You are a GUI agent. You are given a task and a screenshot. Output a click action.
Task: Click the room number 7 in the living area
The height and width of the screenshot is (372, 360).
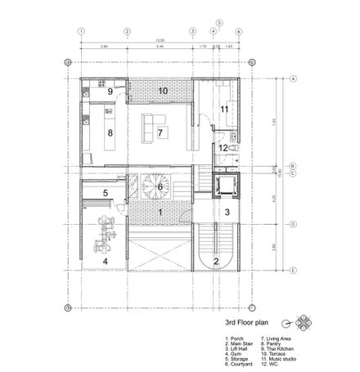click(161, 132)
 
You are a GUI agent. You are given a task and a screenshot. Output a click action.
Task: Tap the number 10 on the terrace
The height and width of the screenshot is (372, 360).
click(163, 90)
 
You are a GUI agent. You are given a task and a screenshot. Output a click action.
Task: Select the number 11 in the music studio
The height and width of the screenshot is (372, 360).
click(223, 109)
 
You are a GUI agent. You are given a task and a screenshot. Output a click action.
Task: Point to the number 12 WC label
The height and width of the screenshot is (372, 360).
click(223, 148)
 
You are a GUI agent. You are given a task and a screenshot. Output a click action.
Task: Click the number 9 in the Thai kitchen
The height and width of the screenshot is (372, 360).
click(109, 92)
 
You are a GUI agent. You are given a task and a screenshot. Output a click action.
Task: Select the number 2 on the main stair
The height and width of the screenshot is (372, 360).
click(216, 261)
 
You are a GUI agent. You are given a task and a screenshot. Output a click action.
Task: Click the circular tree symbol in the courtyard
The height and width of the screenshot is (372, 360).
click(153, 186)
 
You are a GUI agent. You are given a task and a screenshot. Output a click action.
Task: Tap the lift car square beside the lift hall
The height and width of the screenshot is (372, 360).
click(223, 186)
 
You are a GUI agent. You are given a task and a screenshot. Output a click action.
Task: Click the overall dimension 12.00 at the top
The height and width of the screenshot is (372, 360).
click(161, 40)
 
